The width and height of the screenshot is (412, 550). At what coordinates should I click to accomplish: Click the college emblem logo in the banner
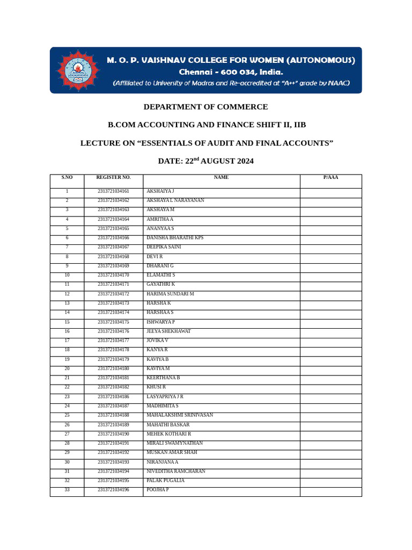pos(78,70)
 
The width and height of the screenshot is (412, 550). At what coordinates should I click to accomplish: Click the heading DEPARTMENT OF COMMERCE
pos(205,107)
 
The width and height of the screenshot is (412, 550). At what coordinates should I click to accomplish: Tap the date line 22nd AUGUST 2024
pos(205,161)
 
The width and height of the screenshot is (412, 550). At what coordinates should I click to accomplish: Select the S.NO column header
pos(67,178)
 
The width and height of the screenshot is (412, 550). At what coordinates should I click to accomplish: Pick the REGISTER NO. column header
pos(113,178)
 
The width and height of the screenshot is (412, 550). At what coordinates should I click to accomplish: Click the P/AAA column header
pos(330,178)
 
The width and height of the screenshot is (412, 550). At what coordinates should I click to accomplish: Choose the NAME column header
pos(221,178)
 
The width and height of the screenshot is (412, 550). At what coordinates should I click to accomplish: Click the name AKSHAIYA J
pos(160,191)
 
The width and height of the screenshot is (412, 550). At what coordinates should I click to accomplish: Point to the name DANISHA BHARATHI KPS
pos(175,238)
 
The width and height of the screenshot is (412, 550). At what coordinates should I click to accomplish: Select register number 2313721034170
pos(113,275)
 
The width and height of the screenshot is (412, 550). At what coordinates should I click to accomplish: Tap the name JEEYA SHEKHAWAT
pos(168,331)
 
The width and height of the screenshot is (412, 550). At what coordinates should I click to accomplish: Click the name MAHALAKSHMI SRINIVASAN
pos(180,415)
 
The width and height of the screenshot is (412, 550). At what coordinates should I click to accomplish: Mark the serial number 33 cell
pos(67,490)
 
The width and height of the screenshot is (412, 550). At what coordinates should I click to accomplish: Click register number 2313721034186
pos(113,397)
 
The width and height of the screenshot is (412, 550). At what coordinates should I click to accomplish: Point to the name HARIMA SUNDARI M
pos(170,294)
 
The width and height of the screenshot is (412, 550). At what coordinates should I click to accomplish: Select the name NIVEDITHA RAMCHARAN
pos(176,472)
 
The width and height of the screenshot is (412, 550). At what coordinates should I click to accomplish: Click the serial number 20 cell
pos(67,369)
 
